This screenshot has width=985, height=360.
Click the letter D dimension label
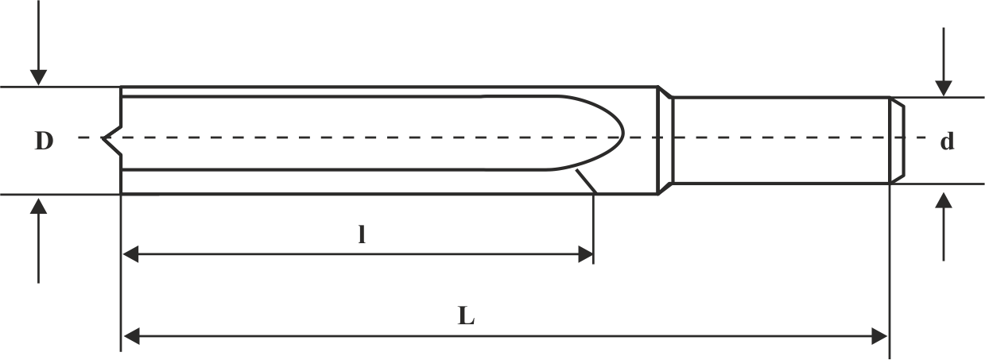click(44, 141)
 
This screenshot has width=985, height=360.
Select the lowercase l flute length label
click(361, 236)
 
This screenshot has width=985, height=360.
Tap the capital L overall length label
click(467, 316)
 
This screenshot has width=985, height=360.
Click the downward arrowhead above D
click(37, 77)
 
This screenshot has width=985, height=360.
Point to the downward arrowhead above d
click(944, 88)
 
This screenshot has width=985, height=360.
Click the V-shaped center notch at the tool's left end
click(109, 138)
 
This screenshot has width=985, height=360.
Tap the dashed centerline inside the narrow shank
click(779, 137)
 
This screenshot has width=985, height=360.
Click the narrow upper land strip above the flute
click(342, 91)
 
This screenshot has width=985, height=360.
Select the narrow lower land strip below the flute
click(342, 181)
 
